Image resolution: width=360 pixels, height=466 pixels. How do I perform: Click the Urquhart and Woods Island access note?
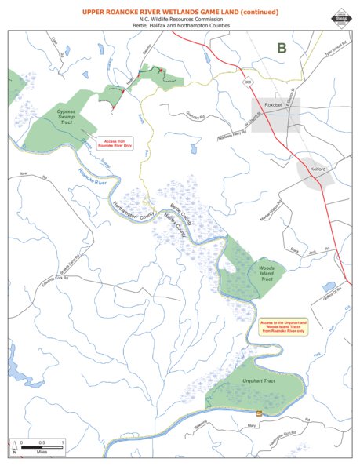(x=281, y=326)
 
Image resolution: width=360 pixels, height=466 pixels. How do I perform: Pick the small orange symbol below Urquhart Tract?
(x=260, y=414)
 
